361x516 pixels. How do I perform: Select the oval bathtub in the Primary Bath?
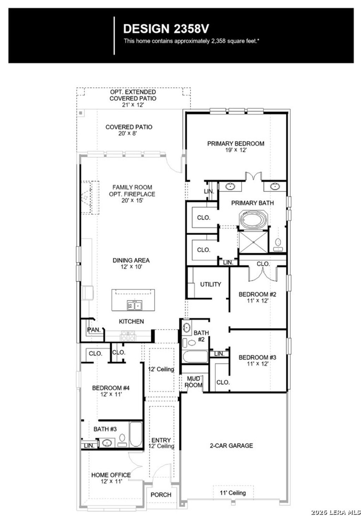tap(254, 219)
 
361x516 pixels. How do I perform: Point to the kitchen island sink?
tap(134, 305)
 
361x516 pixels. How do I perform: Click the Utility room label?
tap(210, 284)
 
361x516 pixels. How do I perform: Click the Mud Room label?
tap(194, 382)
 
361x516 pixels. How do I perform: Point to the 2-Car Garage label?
tap(231, 445)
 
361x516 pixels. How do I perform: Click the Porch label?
tap(161, 495)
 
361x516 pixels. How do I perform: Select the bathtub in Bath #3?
tap(135, 434)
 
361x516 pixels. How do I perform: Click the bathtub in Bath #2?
tap(195, 357)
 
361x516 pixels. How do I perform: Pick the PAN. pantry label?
tap(93, 330)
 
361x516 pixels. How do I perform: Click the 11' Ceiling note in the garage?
tap(233, 493)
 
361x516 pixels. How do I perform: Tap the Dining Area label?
tap(131, 263)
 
